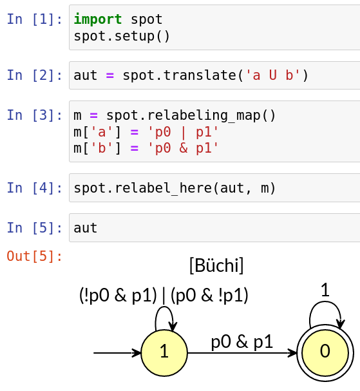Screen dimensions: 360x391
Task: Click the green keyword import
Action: pyautogui.click(x=97, y=19)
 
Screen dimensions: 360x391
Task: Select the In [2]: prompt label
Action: pyautogui.click(x=35, y=75)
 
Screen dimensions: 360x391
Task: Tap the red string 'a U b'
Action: pyautogui.click(x=273, y=75)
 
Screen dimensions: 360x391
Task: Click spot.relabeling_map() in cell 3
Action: pyautogui.click(x=191, y=115)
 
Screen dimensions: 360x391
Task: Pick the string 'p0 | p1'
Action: pyautogui.click(x=183, y=132)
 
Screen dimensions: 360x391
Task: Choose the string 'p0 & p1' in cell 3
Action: pyautogui.click(x=183, y=148)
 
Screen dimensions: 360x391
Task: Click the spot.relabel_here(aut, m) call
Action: pyautogui.click(x=175, y=187)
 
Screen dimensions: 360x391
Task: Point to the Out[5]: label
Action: pyautogui.click(x=35, y=256)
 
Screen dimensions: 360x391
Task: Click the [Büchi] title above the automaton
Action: pyautogui.click(x=216, y=265)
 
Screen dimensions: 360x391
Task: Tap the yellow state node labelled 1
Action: pyautogui.click(x=164, y=353)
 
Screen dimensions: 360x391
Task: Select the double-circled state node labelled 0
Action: pyautogui.click(x=325, y=353)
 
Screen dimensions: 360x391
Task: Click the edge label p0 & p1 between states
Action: pyautogui.click(x=242, y=342)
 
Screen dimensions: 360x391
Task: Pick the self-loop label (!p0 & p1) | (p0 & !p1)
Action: pyautogui.click(x=164, y=296)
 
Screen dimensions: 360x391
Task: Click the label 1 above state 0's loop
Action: pyautogui.click(x=325, y=290)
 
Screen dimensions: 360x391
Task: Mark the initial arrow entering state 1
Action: pyautogui.click(x=117, y=353)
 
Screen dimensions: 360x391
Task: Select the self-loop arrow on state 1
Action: pyautogui.click(x=164, y=307)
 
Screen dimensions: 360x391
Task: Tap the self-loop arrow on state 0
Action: pyautogui.click(x=325, y=302)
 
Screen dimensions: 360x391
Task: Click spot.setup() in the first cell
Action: pyautogui.click(x=122, y=36)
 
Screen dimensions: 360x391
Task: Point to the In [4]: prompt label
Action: pyautogui.click(x=35, y=187)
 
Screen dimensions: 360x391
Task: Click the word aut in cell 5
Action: pyautogui.click(x=85, y=228)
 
